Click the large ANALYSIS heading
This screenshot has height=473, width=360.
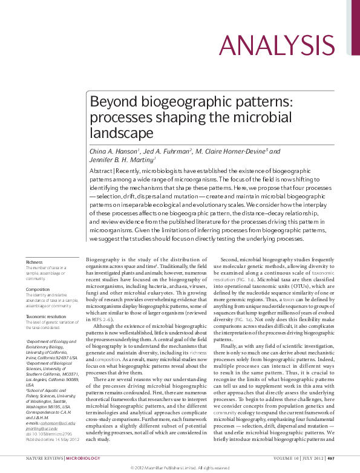pos(277,46)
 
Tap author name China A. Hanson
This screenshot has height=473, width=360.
pos(114,151)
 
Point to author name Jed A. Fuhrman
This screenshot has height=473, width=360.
pos(167,151)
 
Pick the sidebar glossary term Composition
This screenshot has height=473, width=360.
pos(38,290)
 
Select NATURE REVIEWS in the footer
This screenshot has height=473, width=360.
pos(44,459)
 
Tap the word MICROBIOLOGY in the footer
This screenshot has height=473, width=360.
pos(83,459)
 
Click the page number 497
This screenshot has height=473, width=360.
pos(332,459)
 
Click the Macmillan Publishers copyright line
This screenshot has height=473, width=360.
pos(180,468)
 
